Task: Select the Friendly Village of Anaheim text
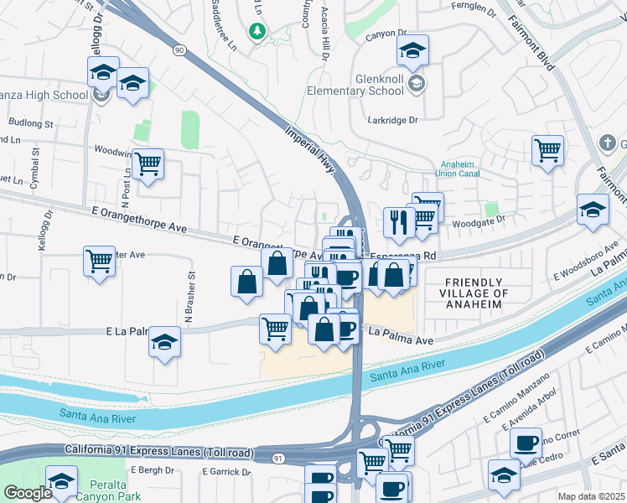[475, 293]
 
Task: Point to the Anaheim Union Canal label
[458, 169]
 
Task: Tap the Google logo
[28, 493]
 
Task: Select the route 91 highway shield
[277, 458]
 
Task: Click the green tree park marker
[258, 32]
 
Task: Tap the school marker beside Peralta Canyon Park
[61, 481]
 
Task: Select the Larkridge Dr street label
[392, 121]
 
